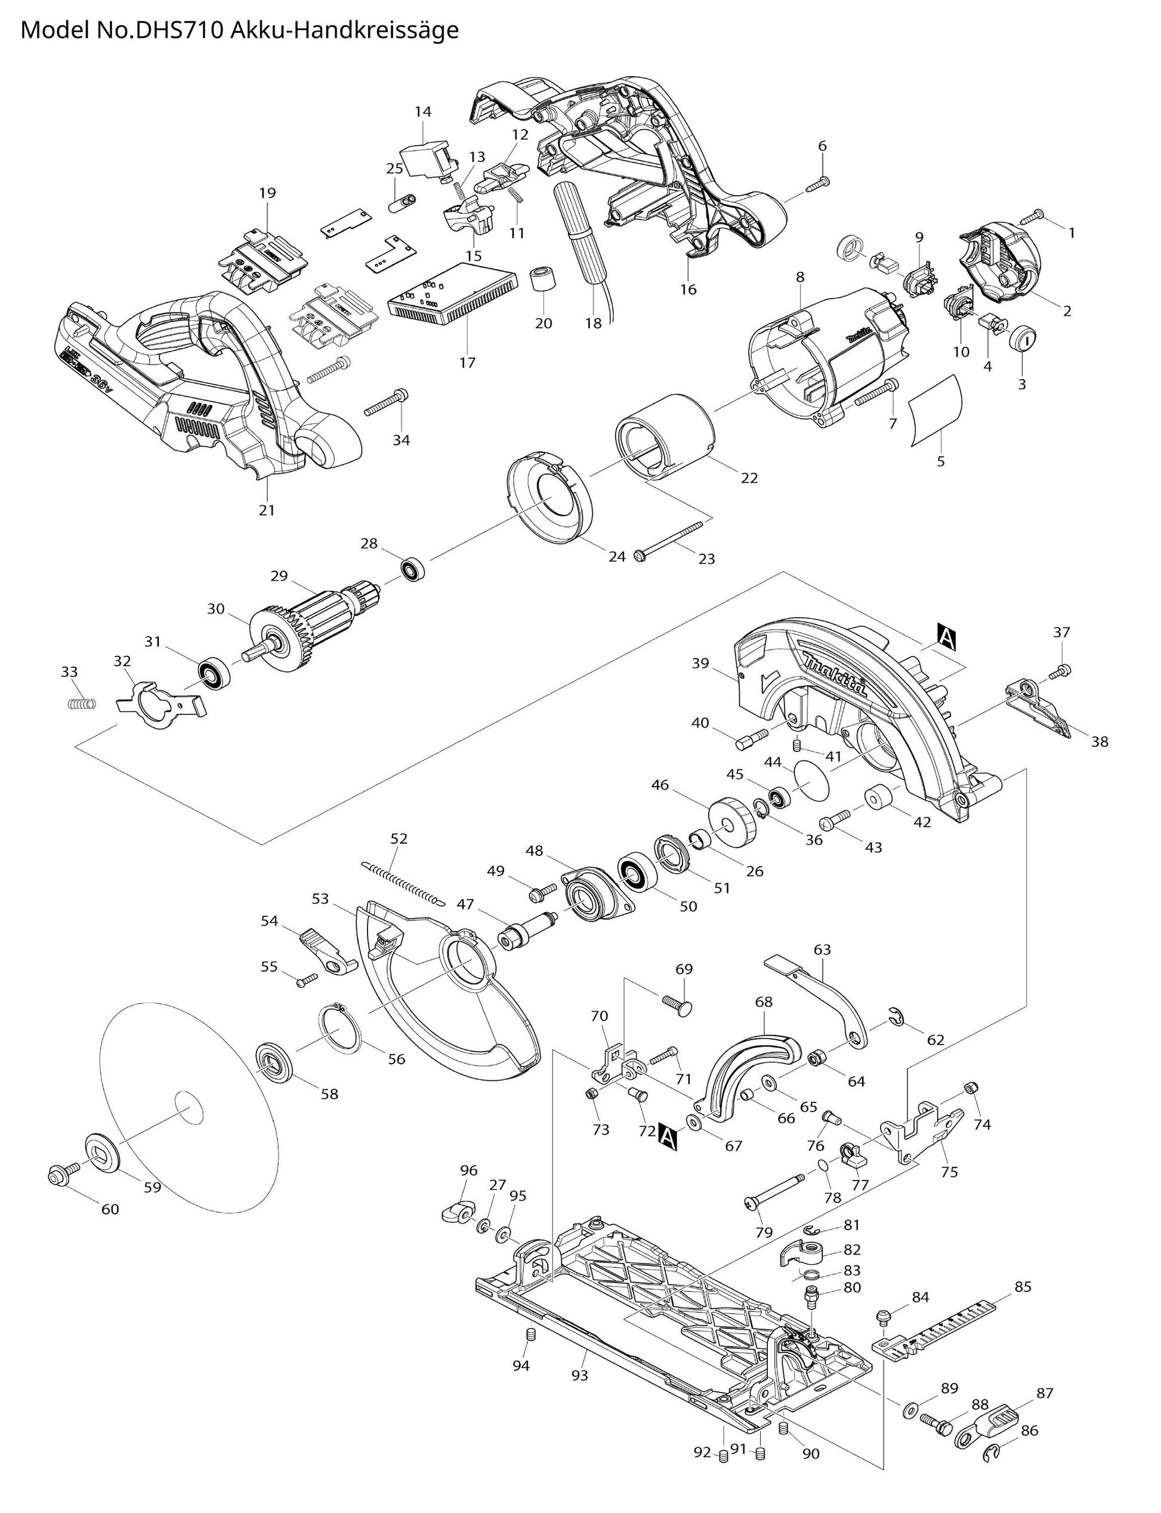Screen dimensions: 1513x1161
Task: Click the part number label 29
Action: pyautogui.click(x=279, y=575)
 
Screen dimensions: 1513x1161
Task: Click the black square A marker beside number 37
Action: pyautogui.click(x=946, y=636)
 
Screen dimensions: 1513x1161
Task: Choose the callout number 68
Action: pyautogui.click(x=764, y=1002)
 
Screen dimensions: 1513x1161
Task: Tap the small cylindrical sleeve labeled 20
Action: pyautogui.click(x=543, y=281)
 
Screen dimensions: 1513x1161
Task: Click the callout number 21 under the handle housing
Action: pyautogui.click(x=267, y=510)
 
